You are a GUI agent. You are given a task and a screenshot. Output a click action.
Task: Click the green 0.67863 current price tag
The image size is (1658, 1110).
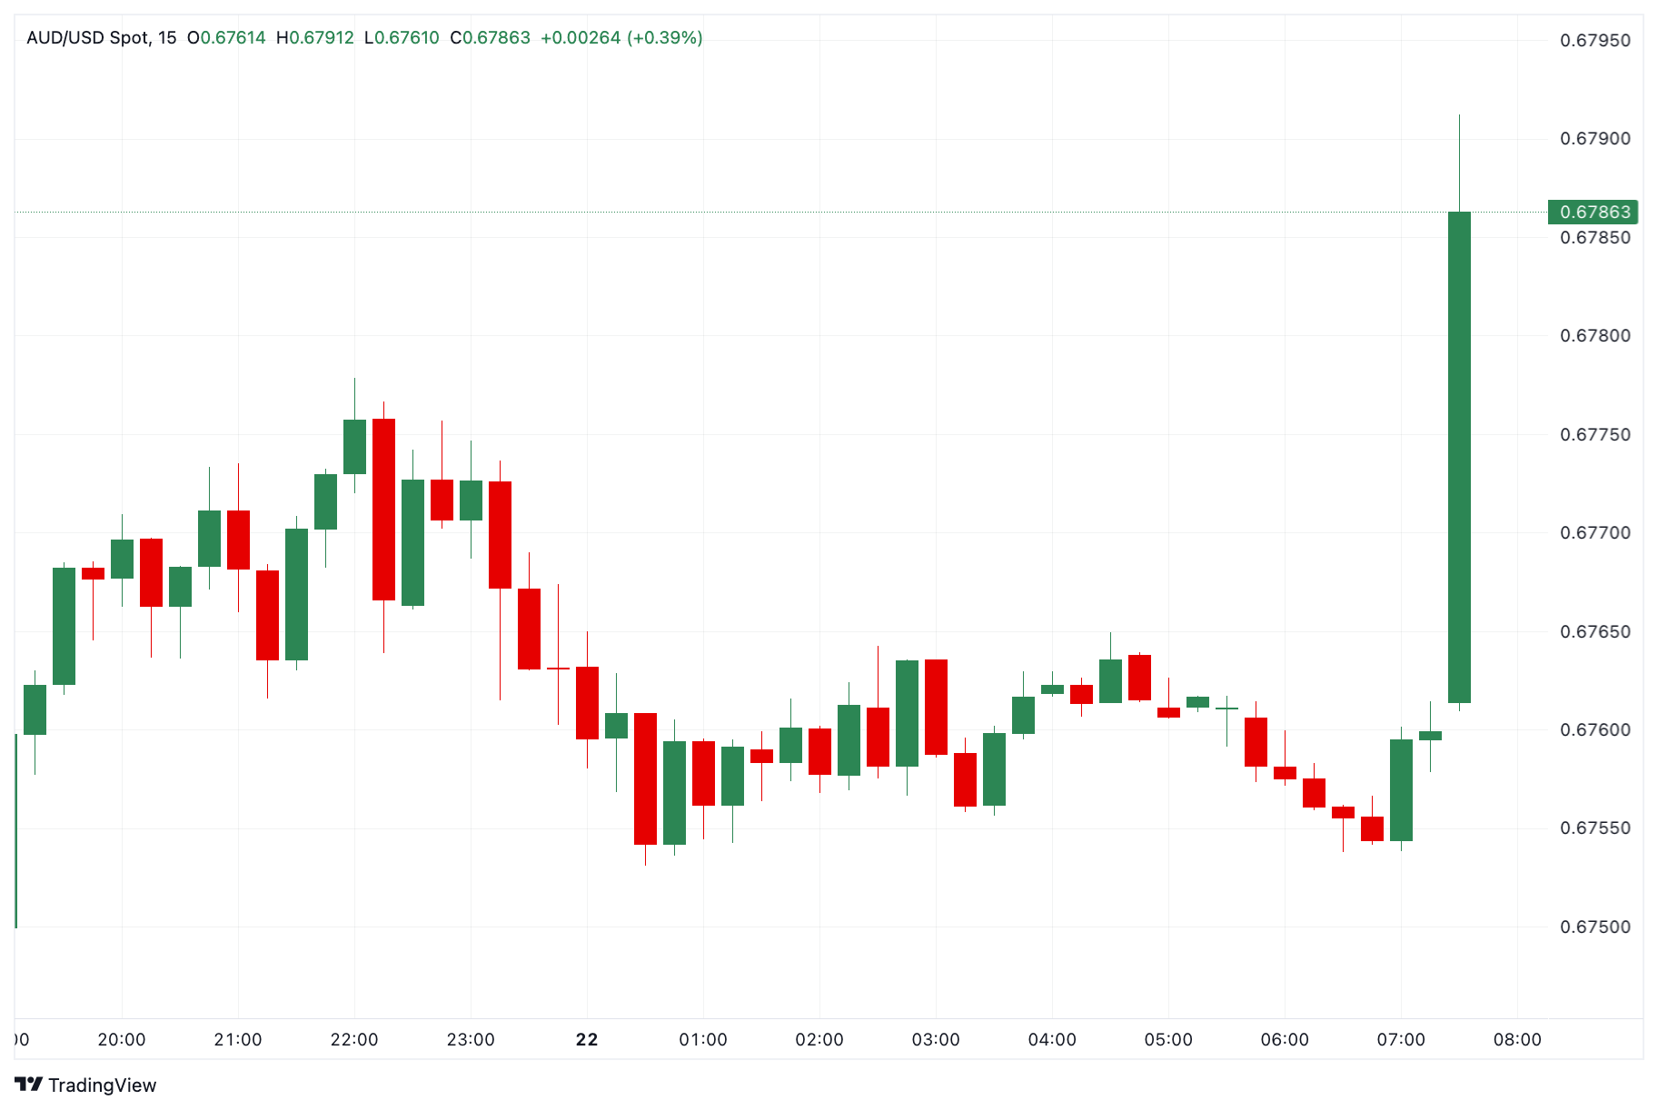pyautogui.click(x=1594, y=212)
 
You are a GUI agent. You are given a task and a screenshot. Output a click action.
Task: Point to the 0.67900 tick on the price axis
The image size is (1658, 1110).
pyautogui.click(x=1594, y=139)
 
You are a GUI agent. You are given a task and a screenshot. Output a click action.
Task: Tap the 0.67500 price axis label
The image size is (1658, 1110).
pyautogui.click(x=1594, y=927)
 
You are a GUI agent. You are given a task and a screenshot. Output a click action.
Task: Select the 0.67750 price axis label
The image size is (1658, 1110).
pyautogui.click(x=1594, y=435)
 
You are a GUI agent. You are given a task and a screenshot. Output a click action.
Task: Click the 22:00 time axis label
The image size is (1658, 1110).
pyautogui.click(x=354, y=1040)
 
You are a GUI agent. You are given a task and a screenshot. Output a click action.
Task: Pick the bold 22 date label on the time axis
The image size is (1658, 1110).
pyautogui.click(x=587, y=1040)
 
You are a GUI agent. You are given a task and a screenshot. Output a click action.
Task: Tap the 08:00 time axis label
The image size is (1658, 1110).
pyautogui.click(x=1517, y=1040)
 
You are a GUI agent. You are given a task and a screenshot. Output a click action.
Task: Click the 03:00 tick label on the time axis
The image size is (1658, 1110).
pyautogui.click(x=936, y=1040)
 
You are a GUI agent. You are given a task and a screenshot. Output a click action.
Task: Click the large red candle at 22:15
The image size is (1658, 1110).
pyautogui.click(x=383, y=509)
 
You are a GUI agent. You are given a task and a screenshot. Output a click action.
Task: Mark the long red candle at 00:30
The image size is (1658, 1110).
pyautogui.click(x=645, y=778)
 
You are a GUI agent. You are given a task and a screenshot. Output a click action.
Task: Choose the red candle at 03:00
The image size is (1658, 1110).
pyautogui.click(x=936, y=707)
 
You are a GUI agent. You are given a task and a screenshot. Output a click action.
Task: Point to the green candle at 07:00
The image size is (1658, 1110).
pyautogui.click(x=1401, y=789)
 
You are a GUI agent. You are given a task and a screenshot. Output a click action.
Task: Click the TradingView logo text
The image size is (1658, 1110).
pyautogui.click(x=87, y=1085)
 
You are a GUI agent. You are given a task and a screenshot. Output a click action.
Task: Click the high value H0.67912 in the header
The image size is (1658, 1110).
pyautogui.click(x=315, y=38)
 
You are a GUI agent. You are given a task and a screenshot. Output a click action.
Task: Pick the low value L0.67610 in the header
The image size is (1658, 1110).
pyautogui.click(x=402, y=38)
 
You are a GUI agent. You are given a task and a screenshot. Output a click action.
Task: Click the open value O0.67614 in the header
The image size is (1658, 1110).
pyautogui.click(x=227, y=38)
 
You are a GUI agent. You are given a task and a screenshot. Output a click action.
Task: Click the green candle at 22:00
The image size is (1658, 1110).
pyautogui.click(x=354, y=446)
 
